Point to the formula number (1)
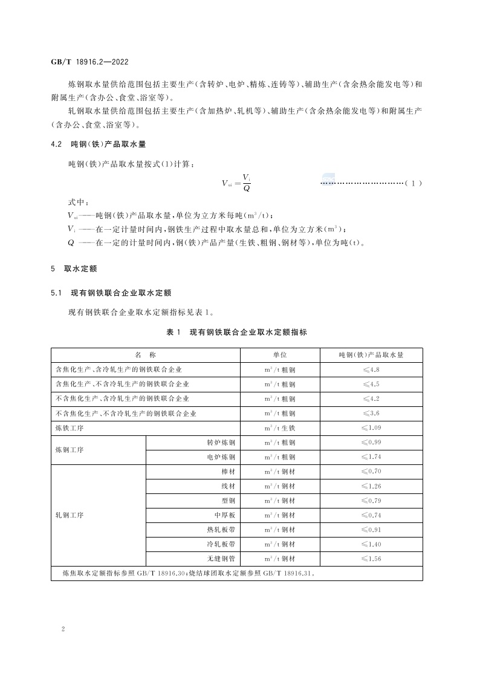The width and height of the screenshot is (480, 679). pos(413,183)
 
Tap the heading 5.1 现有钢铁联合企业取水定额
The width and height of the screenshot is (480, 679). pos(112,293)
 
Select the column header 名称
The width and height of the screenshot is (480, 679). pos(145,355)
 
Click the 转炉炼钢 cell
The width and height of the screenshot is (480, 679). pos(221,443)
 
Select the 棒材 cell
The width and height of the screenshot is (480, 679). pos(228,472)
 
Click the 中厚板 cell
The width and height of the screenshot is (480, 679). pos(224,515)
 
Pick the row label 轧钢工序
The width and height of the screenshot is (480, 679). pos(69,515)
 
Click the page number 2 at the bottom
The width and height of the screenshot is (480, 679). pos(63,629)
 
